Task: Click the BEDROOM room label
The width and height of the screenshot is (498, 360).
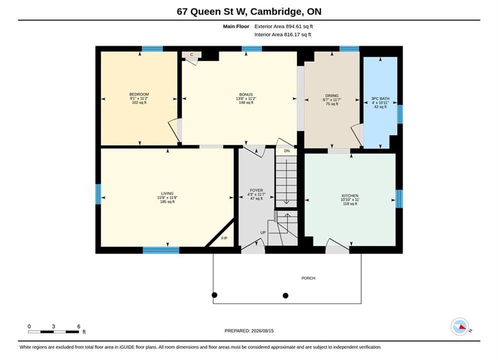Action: [139, 94]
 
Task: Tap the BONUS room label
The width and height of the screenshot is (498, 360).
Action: [246, 94]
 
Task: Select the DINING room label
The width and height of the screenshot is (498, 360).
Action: [332, 95]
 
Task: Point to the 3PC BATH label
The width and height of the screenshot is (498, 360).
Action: [380, 98]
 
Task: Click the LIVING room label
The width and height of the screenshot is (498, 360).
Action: [167, 193]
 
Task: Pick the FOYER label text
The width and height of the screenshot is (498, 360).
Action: [256, 190]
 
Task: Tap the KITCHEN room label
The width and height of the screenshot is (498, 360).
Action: [350, 195]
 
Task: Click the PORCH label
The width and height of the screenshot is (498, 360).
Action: [308, 278]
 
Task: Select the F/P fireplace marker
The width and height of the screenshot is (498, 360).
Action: [224, 238]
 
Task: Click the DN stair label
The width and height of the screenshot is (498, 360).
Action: [287, 151]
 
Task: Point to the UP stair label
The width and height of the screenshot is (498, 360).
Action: [263, 232]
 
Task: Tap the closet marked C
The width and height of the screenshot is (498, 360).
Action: [192, 55]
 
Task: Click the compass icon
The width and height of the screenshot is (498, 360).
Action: [459, 326]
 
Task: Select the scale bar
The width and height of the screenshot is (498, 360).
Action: [54, 332]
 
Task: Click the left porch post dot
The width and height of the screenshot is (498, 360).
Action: [214, 295]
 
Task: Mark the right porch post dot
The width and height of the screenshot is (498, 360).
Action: [285, 295]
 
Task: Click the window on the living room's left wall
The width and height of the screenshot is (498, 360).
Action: [99, 194]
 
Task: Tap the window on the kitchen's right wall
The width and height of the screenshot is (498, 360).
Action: [399, 199]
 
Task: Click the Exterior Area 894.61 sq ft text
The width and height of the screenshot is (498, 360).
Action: [284, 26]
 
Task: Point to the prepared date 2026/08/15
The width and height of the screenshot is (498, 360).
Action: [262, 331]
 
